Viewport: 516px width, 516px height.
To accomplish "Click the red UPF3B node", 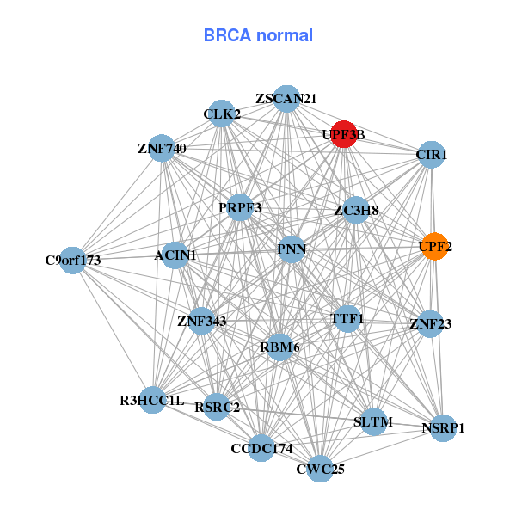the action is point(344,134).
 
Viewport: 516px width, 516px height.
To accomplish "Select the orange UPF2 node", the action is point(434,247).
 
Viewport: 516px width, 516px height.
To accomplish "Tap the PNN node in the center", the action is point(292,249).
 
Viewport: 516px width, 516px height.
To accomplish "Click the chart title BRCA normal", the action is point(258,35).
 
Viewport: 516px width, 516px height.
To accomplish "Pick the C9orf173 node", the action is point(73,260).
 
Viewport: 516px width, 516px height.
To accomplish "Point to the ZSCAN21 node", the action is point(286,99).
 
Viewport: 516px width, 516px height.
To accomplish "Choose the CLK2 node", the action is point(222,114).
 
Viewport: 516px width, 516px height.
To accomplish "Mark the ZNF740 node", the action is point(162,149).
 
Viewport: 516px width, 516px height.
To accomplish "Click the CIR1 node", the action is point(431,156).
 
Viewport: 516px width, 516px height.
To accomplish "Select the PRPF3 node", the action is point(240,207).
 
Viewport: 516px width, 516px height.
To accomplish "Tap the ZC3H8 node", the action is point(356,210).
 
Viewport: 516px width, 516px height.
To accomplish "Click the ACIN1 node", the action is point(175,255).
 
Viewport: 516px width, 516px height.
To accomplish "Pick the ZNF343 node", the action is point(202,322).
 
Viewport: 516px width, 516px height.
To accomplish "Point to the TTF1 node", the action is point(347,319).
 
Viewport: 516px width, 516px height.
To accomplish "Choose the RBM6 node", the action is point(279,347).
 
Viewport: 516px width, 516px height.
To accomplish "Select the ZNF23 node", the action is point(430,324).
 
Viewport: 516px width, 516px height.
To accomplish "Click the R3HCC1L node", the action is point(152,400).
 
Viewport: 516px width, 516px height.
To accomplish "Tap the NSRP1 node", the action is point(443,427).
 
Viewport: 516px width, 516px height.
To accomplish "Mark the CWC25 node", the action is point(320,469).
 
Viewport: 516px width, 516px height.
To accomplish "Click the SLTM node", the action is point(373,422).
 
